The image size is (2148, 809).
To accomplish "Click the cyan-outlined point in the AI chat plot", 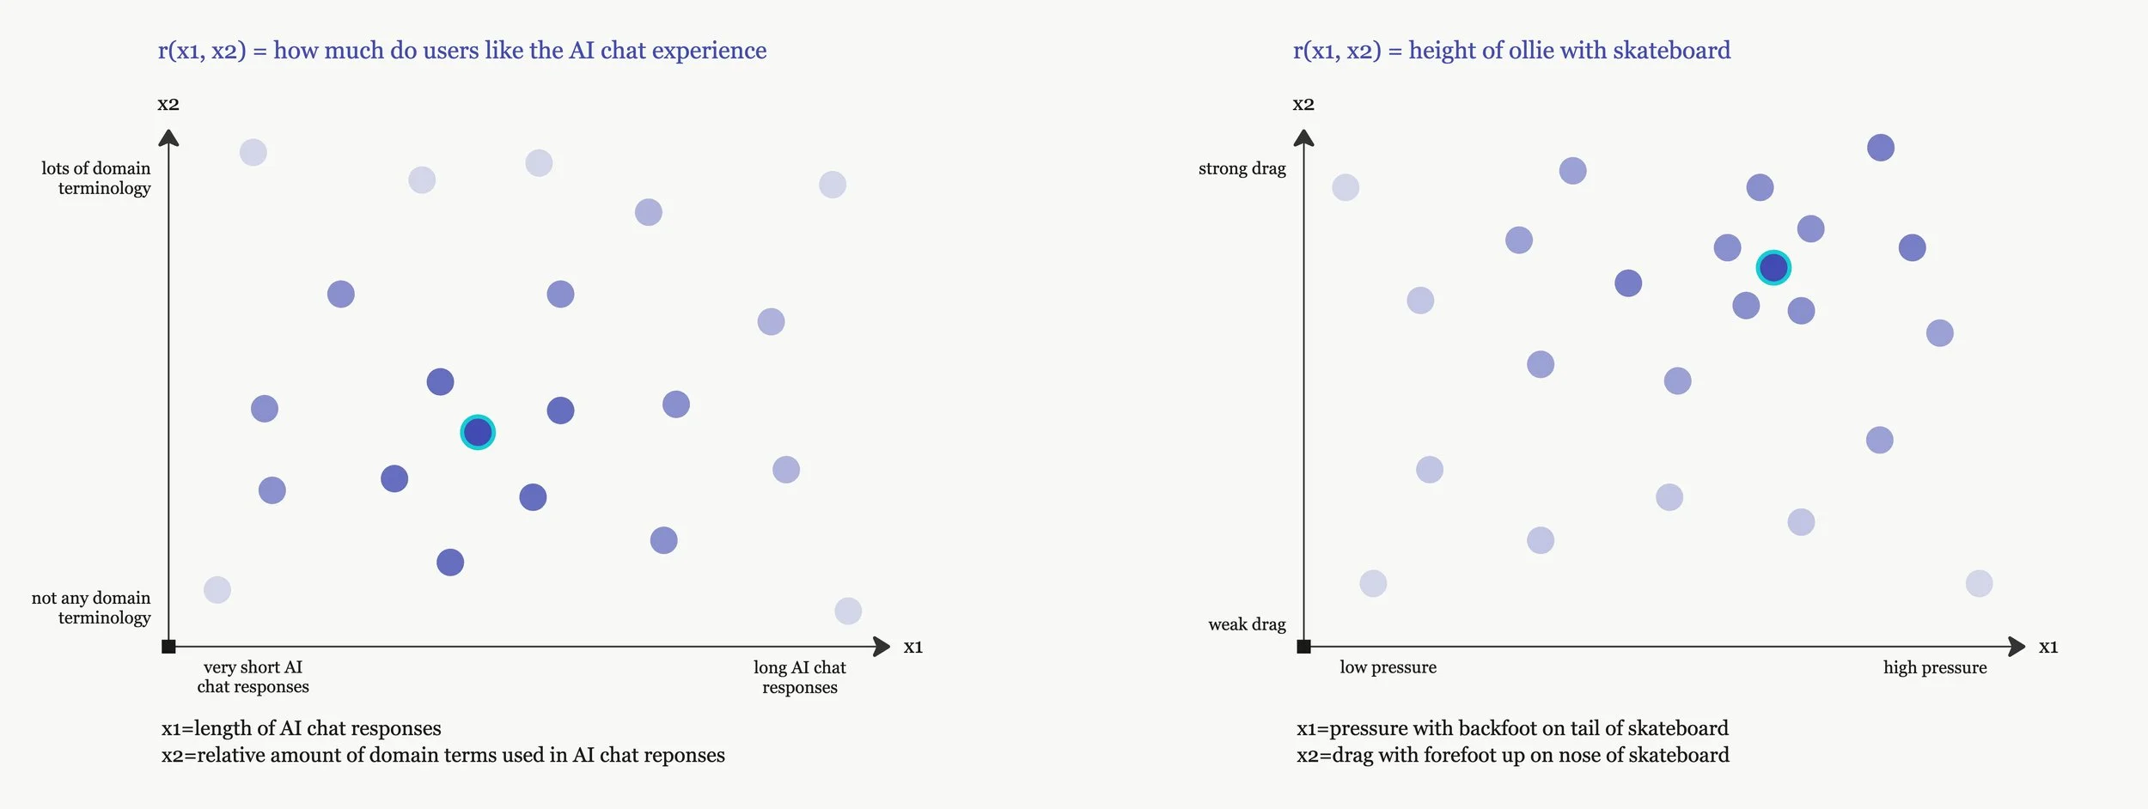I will [x=478, y=432].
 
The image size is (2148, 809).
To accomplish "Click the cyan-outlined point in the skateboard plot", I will [x=1773, y=268].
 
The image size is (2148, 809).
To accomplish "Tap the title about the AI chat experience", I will [x=462, y=51].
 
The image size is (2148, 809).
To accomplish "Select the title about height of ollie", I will [x=1511, y=51].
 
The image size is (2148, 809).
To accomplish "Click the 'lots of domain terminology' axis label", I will [x=96, y=178].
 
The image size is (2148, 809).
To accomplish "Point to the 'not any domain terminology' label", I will [x=92, y=607].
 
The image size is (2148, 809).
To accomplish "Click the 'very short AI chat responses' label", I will [x=253, y=677].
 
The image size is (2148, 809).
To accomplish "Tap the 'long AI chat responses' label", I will [x=799, y=677].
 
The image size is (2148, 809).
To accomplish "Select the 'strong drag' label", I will [x=1242, y=168].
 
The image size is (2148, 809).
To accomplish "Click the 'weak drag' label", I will [x=1247, y=624].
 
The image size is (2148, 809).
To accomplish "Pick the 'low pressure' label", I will [x=1388, y=667].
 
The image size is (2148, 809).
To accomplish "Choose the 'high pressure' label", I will [x=1935, y=667].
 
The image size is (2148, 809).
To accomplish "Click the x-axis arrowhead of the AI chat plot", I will [x=882, y=647].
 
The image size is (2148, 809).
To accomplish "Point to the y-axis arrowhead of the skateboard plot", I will [x=1303, y=137].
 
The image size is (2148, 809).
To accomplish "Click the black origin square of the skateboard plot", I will [x=1303, y=647].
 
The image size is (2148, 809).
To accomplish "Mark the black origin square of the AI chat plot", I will [x=168, y=647].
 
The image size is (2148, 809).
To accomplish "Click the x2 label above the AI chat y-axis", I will [x=168, y=105].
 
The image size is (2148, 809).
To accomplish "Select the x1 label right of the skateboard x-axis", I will [x=2048, y=647].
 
